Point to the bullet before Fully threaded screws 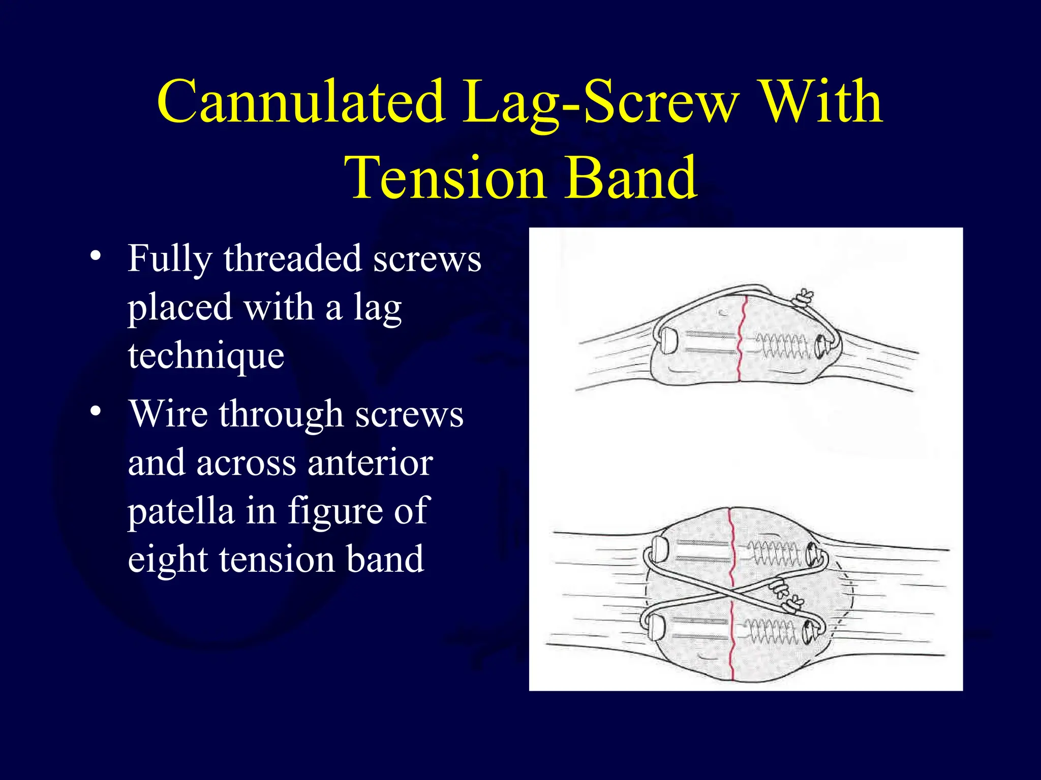(95, 255)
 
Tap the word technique (206, 356)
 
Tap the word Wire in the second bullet (168, 413)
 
